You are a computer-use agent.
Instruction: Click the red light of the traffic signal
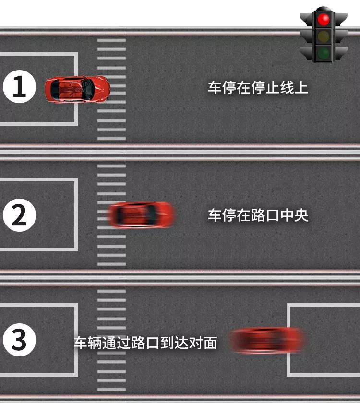point(324,20)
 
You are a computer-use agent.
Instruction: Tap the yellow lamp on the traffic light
point(324,36)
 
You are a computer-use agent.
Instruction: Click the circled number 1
point(19,87)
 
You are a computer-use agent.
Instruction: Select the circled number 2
point(19,215)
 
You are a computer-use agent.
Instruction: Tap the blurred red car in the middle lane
point(141,215)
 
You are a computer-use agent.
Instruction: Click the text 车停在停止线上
point(258,87)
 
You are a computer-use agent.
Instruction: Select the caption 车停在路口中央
point(258,215)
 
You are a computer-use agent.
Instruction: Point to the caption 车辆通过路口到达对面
point(145,343)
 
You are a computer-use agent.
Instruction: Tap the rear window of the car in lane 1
point(55,88)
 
